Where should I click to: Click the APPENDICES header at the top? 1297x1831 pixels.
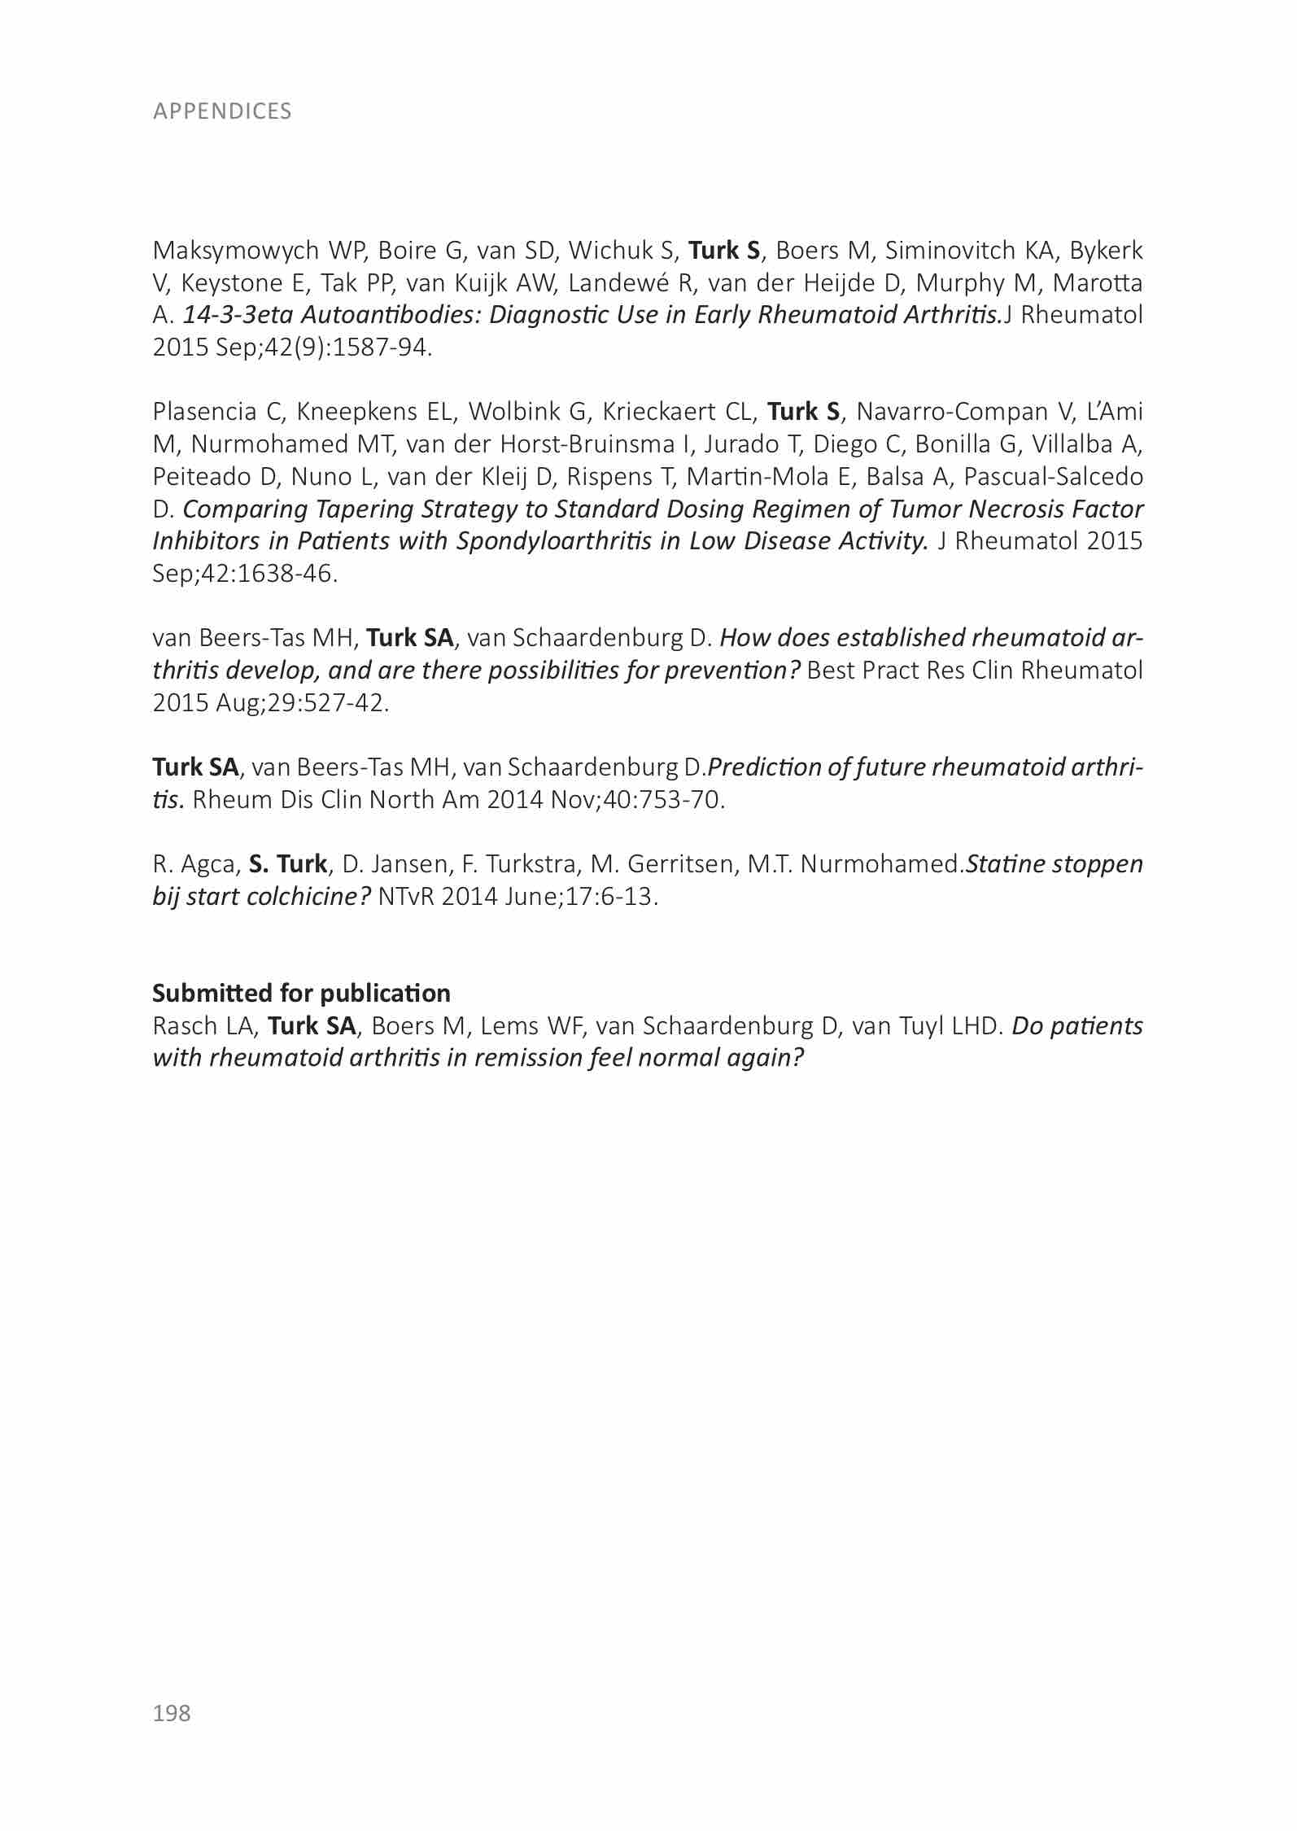coord(221,111)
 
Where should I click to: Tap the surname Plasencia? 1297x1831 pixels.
coord(204,412)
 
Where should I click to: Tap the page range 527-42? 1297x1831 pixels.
coord(333,702)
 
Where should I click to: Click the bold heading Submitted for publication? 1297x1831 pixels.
coord(301,994)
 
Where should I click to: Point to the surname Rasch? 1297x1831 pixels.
coord(184,1026)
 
